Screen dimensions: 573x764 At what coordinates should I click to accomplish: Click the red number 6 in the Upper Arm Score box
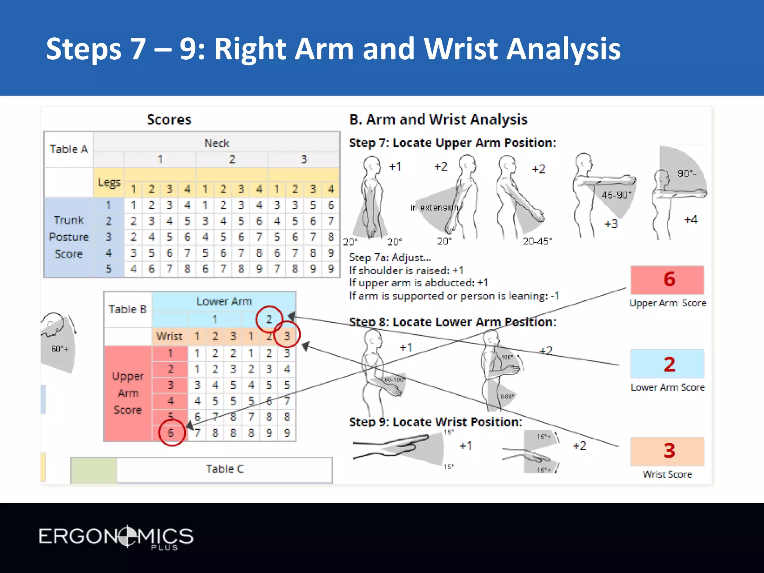pos(669,279)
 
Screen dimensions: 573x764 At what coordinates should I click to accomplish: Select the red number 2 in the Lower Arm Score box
pos(669,364)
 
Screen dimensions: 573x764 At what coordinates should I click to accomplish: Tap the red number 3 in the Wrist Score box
pos(669,451)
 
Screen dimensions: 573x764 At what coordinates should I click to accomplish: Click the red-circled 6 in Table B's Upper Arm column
pos(171,433)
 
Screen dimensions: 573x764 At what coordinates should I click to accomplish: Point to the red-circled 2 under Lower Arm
pos(269,319)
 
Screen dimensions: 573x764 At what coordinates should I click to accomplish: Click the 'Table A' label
pos(69,149)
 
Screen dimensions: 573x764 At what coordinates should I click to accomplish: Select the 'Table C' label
pos(225,469)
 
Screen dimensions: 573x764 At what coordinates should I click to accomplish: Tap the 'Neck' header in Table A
pos(217,143)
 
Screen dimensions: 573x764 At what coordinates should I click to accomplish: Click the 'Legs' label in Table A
pos(109,182)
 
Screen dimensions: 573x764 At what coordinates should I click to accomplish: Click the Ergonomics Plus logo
pos(116,537)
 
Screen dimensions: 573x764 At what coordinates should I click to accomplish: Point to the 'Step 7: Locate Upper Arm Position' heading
pos(452,143)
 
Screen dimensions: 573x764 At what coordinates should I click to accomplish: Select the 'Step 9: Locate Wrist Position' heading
pos(435,422)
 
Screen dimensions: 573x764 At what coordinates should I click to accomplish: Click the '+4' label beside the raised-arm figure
pos(691,219)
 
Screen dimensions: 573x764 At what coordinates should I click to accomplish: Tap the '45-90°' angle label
pos(616,195)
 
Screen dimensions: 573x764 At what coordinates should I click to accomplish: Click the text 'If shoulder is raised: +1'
pos(406,270)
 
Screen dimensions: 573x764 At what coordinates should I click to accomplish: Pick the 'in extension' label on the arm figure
pos(435,207)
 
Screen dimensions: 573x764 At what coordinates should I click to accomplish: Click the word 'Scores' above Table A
pos(169,120)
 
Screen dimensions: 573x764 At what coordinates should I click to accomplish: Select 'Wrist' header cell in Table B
pos(169,336)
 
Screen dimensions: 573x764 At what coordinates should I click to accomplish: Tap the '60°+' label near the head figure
pos(60,349)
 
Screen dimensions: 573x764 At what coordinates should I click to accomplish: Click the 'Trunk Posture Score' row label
pos(69,237)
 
